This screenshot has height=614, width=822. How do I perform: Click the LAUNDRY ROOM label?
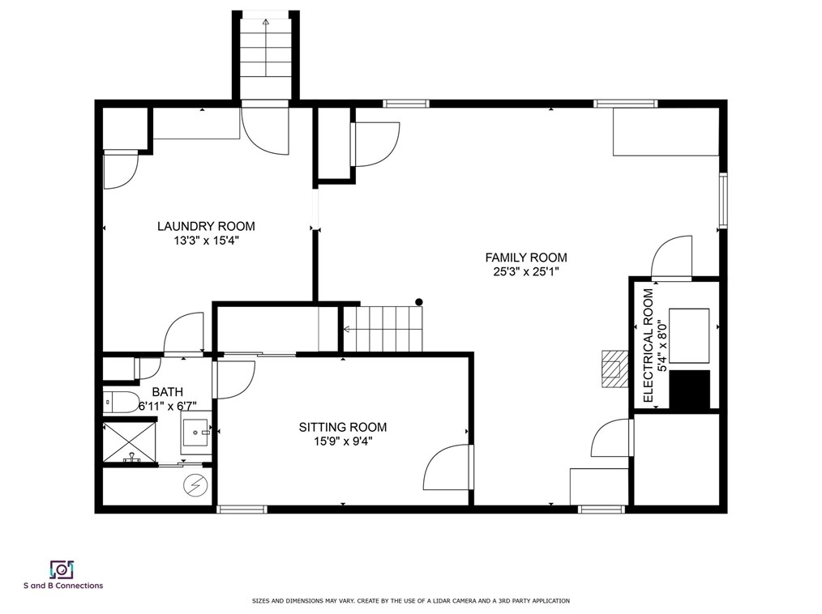pos(206,226)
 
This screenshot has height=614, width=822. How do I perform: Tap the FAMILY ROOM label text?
pos(526,258)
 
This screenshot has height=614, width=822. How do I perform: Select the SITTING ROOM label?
pos(343,428)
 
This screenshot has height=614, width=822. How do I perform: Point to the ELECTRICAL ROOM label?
pos(649,346)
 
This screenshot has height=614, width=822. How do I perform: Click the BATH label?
pos(168,392)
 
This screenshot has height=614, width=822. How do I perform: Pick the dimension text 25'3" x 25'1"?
pos(526,272)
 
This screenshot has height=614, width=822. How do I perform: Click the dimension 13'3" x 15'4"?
pos(207,241)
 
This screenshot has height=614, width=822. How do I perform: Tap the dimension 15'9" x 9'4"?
pos(343,441)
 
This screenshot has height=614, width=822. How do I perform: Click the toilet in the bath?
pos(120,403)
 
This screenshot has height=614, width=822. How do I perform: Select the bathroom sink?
pos(196,433)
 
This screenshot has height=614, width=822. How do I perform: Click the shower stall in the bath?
pos(129,442)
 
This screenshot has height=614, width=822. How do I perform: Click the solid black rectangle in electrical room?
pos(690,390)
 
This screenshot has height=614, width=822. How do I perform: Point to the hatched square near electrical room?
pos(614,369)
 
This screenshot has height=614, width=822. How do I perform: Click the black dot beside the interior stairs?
pos(419,302)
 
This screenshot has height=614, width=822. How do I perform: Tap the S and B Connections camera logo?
pos(62,569)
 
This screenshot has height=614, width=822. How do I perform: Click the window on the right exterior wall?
pos(723,200)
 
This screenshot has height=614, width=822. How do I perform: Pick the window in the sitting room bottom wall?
pos(242,510)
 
